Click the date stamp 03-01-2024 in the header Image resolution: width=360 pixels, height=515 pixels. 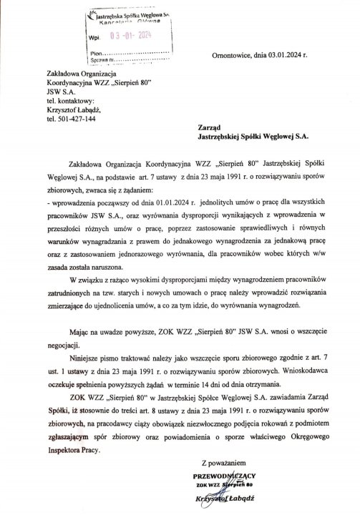[130, 34]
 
